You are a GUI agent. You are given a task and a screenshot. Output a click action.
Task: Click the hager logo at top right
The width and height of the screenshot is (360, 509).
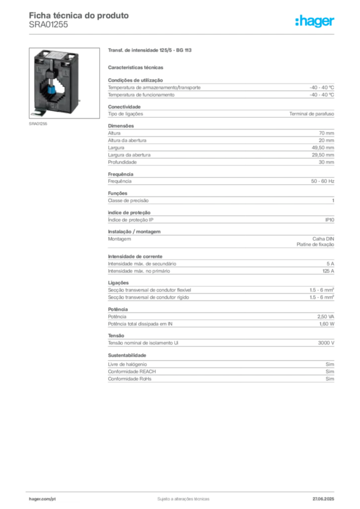click(314, 21)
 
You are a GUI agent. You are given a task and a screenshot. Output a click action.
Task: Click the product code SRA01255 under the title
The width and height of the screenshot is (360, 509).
click(48, 25)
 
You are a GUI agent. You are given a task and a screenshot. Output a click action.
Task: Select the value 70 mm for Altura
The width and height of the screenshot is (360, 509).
click(326, 133)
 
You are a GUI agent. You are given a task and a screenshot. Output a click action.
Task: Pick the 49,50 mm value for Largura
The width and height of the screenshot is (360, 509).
click(323, 148)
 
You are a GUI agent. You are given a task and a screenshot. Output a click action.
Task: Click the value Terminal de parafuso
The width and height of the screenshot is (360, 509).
click(312, 114)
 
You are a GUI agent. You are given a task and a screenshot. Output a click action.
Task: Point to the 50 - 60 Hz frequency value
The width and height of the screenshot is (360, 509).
click(322, 181)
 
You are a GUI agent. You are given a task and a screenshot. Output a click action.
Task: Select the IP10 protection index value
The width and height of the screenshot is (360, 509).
click(330, 220)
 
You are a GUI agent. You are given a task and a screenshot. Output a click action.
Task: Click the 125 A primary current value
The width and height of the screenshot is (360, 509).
click(328, 271)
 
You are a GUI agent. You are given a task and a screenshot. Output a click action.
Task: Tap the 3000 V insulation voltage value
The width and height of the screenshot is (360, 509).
click(326, 343)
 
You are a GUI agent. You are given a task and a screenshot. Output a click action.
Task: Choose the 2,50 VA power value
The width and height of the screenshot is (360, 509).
click(326, 317)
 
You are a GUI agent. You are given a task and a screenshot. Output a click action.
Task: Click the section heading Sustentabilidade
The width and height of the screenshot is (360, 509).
click(127, 355)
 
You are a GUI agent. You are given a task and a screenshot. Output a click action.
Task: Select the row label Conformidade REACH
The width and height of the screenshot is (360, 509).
click(132, 371)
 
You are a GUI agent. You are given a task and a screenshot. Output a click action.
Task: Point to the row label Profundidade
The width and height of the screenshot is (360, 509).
click(122, 162)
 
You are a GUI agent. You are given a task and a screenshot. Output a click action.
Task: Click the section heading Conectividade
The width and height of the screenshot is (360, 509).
click(124, 107)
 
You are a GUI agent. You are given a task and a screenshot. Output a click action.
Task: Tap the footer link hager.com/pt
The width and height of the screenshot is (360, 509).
click(42, 499)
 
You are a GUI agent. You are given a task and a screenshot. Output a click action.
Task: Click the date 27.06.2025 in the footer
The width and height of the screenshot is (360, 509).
click(323, 499)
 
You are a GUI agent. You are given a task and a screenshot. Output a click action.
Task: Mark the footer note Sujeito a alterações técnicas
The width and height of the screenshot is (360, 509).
click(183, 499)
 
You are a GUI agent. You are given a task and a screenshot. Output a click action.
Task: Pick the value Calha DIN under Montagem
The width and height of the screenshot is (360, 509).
click(323, 239)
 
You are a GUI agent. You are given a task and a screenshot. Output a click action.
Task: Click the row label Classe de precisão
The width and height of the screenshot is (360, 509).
click(128, 201)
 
